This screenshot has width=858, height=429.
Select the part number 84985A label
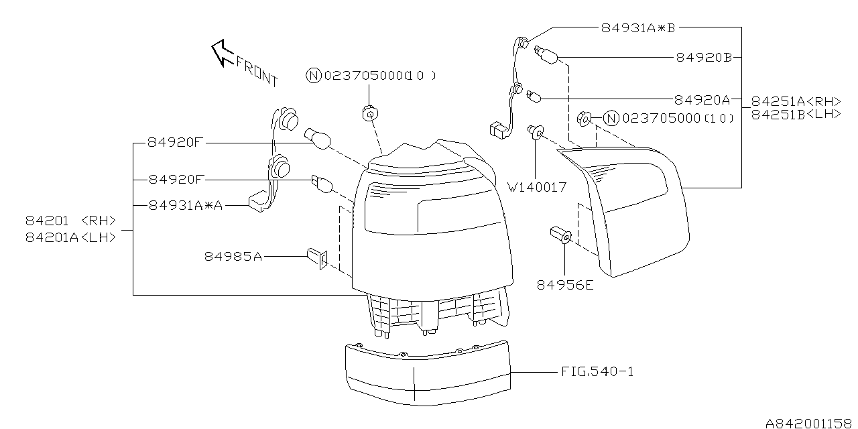(233, 256)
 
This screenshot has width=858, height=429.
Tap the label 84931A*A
(186, 206)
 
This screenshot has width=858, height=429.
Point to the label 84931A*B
(636, 27)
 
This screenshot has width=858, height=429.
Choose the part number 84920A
(702, 100)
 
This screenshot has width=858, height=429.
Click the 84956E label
(564, 285)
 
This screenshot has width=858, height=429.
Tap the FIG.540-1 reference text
(597, 371)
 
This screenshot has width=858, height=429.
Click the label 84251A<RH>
(796, 101)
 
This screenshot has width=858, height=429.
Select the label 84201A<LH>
(70, 237)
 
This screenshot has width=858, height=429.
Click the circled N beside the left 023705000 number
(314, 76)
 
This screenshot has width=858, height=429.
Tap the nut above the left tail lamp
(368, 114)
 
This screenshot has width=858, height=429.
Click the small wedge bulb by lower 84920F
(321, 183)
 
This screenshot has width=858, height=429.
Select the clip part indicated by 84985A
(317, 257)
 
